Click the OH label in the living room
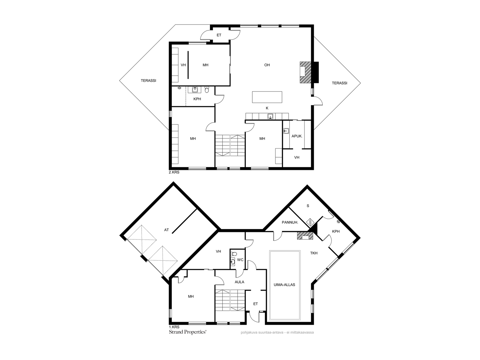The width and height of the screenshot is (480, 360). coord(267,65)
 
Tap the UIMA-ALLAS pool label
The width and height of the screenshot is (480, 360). coord(284,285)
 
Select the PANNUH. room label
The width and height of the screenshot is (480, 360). coord(290,223)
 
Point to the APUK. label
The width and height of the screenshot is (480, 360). coord(297,136)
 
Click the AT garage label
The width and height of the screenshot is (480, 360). coord(166,230)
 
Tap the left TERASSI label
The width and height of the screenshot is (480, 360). coord(148,81)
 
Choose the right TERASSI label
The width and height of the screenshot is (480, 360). coord(339,83)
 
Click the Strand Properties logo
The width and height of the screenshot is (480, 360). coord(187,332)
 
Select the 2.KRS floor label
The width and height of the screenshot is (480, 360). coord(174,172)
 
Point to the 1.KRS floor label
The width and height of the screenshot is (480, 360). coord(174,327)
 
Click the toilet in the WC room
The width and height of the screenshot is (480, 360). coord(233,254)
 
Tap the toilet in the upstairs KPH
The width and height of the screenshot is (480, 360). coord(207,89)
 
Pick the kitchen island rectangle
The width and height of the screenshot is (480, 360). coord(267,97)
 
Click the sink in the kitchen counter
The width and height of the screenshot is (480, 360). coord(270,116)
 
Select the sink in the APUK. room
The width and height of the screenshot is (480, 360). coord(286,131)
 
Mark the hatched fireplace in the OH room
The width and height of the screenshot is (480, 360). coord(305,72)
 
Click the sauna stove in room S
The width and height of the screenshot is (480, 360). coord(310,222)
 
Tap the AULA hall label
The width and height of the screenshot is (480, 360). coord(239,282)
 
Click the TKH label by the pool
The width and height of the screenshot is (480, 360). coord(313,253)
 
